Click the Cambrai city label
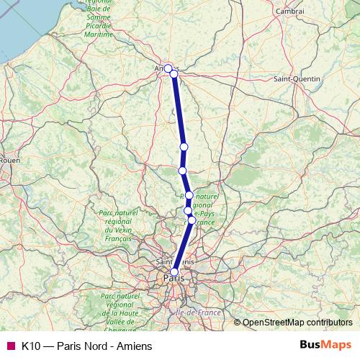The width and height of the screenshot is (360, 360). [289, 12]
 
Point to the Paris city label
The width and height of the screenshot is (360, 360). [173, 277]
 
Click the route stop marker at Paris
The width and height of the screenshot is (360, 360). [174, 271]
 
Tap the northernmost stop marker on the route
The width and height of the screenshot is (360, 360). [168, 68]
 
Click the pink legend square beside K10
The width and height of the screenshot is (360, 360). [10, 346]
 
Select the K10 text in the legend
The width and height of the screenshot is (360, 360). [30, 346]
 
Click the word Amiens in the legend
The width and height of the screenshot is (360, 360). [135, 346]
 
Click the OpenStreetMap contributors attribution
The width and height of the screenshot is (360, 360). [297, 323]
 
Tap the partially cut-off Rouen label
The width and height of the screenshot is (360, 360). [9, 160]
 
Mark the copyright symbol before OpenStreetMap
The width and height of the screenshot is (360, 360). [237, 323]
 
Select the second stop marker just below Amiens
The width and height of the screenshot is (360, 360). [174, 74]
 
